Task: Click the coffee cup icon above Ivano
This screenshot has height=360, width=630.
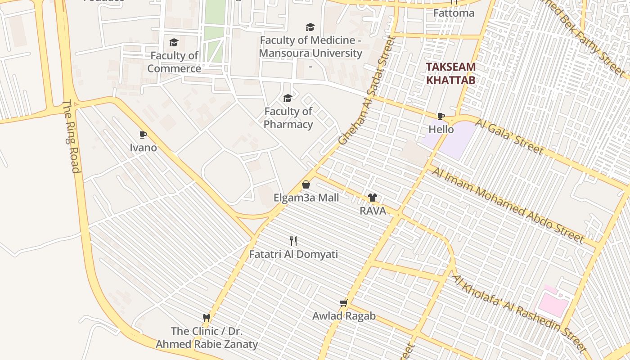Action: pyautogui.click(x=143, y=135)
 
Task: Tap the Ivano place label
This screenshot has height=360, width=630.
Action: pyautogui.click(x=143, y=148)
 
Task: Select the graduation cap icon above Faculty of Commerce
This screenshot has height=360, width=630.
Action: pyautogui.click(x=174, y=43)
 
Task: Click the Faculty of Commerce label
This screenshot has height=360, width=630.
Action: pyautogui.click(x=174, y=62)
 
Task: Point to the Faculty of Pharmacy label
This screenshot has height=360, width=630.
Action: pyautogui.click(x=288, y=118)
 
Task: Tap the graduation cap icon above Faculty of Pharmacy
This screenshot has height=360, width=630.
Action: pyautogui.click(x=288, y=98)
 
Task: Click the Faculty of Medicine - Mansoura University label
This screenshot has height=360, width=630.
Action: pyautogui.click(x=310, y=47)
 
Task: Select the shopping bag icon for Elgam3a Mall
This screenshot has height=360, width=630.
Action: pyautogui.click(x=306, y=184)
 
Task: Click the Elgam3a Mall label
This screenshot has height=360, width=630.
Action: pyautogui.click(x=306, y=198)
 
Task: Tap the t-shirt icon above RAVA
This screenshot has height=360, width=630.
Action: pyautogui.click(x=373, y=197)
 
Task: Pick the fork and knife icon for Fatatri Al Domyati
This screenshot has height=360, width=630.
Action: pyautogui.click(x=293, y=241)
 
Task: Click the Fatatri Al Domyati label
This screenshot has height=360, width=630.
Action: pyautogui.click(x=293, y=254)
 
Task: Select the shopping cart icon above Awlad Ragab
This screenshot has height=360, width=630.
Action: pyautogui.click(x=344, y=303)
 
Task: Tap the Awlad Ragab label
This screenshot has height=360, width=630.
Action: pyautogui.click(x=344, y=316)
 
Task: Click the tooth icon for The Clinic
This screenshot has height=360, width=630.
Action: pyautogui.click(x=207, y=318)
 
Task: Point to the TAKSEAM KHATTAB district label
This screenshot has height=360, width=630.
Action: pyautogui.click(x=450, y=74)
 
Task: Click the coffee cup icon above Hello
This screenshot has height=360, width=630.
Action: pyautogui.click(x=441, y=117)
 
